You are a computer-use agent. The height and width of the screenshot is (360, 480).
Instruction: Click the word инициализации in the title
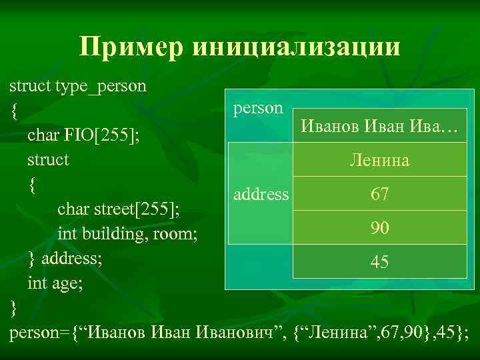[296, 47]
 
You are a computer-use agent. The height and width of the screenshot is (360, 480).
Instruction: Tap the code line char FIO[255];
[83, 136]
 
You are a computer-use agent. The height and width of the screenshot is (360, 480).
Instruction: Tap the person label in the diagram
[258, 108]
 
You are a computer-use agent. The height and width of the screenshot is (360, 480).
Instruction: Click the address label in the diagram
[261, 195]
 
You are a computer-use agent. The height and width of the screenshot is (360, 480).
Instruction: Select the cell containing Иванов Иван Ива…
[379, 126]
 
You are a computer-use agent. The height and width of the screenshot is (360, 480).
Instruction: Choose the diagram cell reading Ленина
[379, 161]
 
